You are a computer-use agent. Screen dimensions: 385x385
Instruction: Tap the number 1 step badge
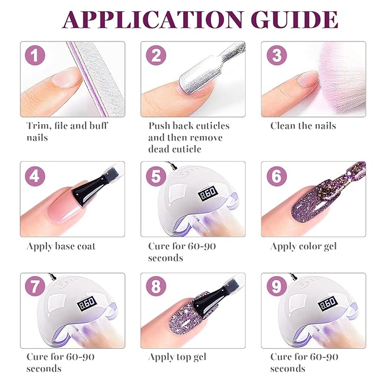tap(35, 56)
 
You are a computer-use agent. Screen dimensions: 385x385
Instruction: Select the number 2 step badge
tap(156, 56)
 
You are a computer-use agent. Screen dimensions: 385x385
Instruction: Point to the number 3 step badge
tap(277, 56)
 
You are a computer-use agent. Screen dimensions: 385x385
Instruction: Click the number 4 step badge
tap(35, 176)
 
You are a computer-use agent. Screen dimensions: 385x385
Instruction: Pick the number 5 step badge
tap(156, 176)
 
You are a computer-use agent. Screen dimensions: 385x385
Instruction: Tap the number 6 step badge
tap(277, 176)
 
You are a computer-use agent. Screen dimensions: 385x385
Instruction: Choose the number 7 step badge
tap(35, 287)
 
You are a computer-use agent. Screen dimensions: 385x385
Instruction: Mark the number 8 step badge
tap(156, 287)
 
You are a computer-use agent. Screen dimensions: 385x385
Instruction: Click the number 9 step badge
tap(277, 287)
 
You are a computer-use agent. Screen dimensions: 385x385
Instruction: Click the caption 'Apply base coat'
tap(61, 246)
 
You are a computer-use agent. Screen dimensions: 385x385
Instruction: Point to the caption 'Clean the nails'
tap(303, 126)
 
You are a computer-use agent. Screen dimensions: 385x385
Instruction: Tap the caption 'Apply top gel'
tap(177, 357)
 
